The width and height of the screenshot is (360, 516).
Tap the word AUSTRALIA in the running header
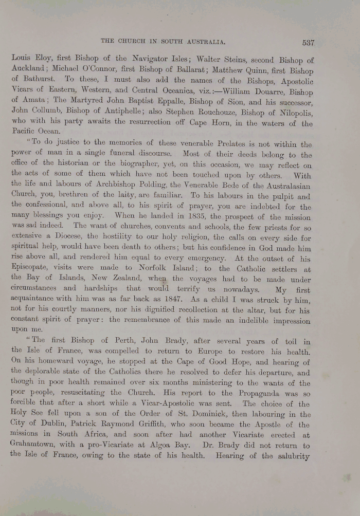[205, 41]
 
